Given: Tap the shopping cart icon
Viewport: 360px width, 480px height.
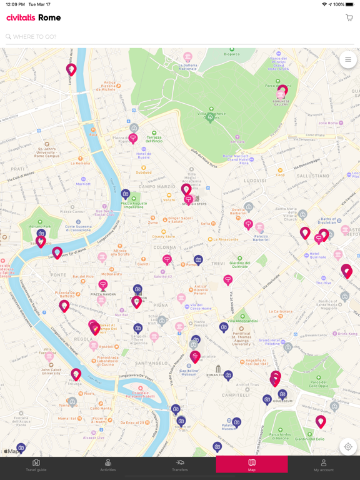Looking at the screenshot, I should [x=349, y=18].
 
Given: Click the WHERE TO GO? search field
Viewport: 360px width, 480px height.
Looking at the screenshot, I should [x=175, y=37].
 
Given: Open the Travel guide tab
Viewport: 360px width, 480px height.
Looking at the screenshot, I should [x=36, y=466].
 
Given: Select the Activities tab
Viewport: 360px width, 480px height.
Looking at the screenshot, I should [x=108, y=466].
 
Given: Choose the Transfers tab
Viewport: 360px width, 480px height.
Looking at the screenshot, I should [x=180, y=466].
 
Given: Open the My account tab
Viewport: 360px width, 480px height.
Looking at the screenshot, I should [x=324, y=466].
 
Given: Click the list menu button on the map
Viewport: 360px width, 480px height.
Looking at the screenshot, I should [x=348, y=60].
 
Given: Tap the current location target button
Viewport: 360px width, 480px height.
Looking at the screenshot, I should [x=348, y=447].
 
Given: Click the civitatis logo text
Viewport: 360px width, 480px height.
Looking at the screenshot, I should [x=21, y=18].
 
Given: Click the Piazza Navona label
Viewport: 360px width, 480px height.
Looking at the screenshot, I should [x=104, y=294].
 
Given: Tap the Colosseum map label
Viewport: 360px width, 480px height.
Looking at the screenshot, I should [x=282, y=401].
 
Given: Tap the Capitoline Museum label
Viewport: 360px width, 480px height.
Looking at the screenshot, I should [x=189, y=372].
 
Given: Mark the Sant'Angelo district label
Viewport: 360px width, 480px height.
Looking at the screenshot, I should [x=152, y=364].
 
